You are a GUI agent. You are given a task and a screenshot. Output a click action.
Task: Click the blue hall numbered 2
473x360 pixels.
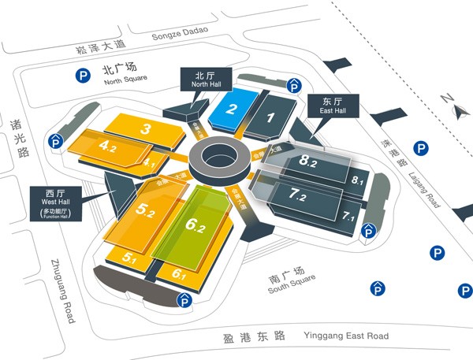point(231,110)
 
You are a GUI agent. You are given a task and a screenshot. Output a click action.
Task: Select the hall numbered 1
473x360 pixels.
point(270,119)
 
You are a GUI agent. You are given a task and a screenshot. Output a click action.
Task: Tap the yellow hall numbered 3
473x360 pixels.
point(147,128)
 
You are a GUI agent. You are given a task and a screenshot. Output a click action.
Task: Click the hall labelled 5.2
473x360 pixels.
point(147,209)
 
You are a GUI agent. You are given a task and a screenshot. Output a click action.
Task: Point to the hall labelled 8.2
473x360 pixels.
point(307,162)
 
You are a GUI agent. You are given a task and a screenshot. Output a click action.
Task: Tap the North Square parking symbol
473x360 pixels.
point(82,76)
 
